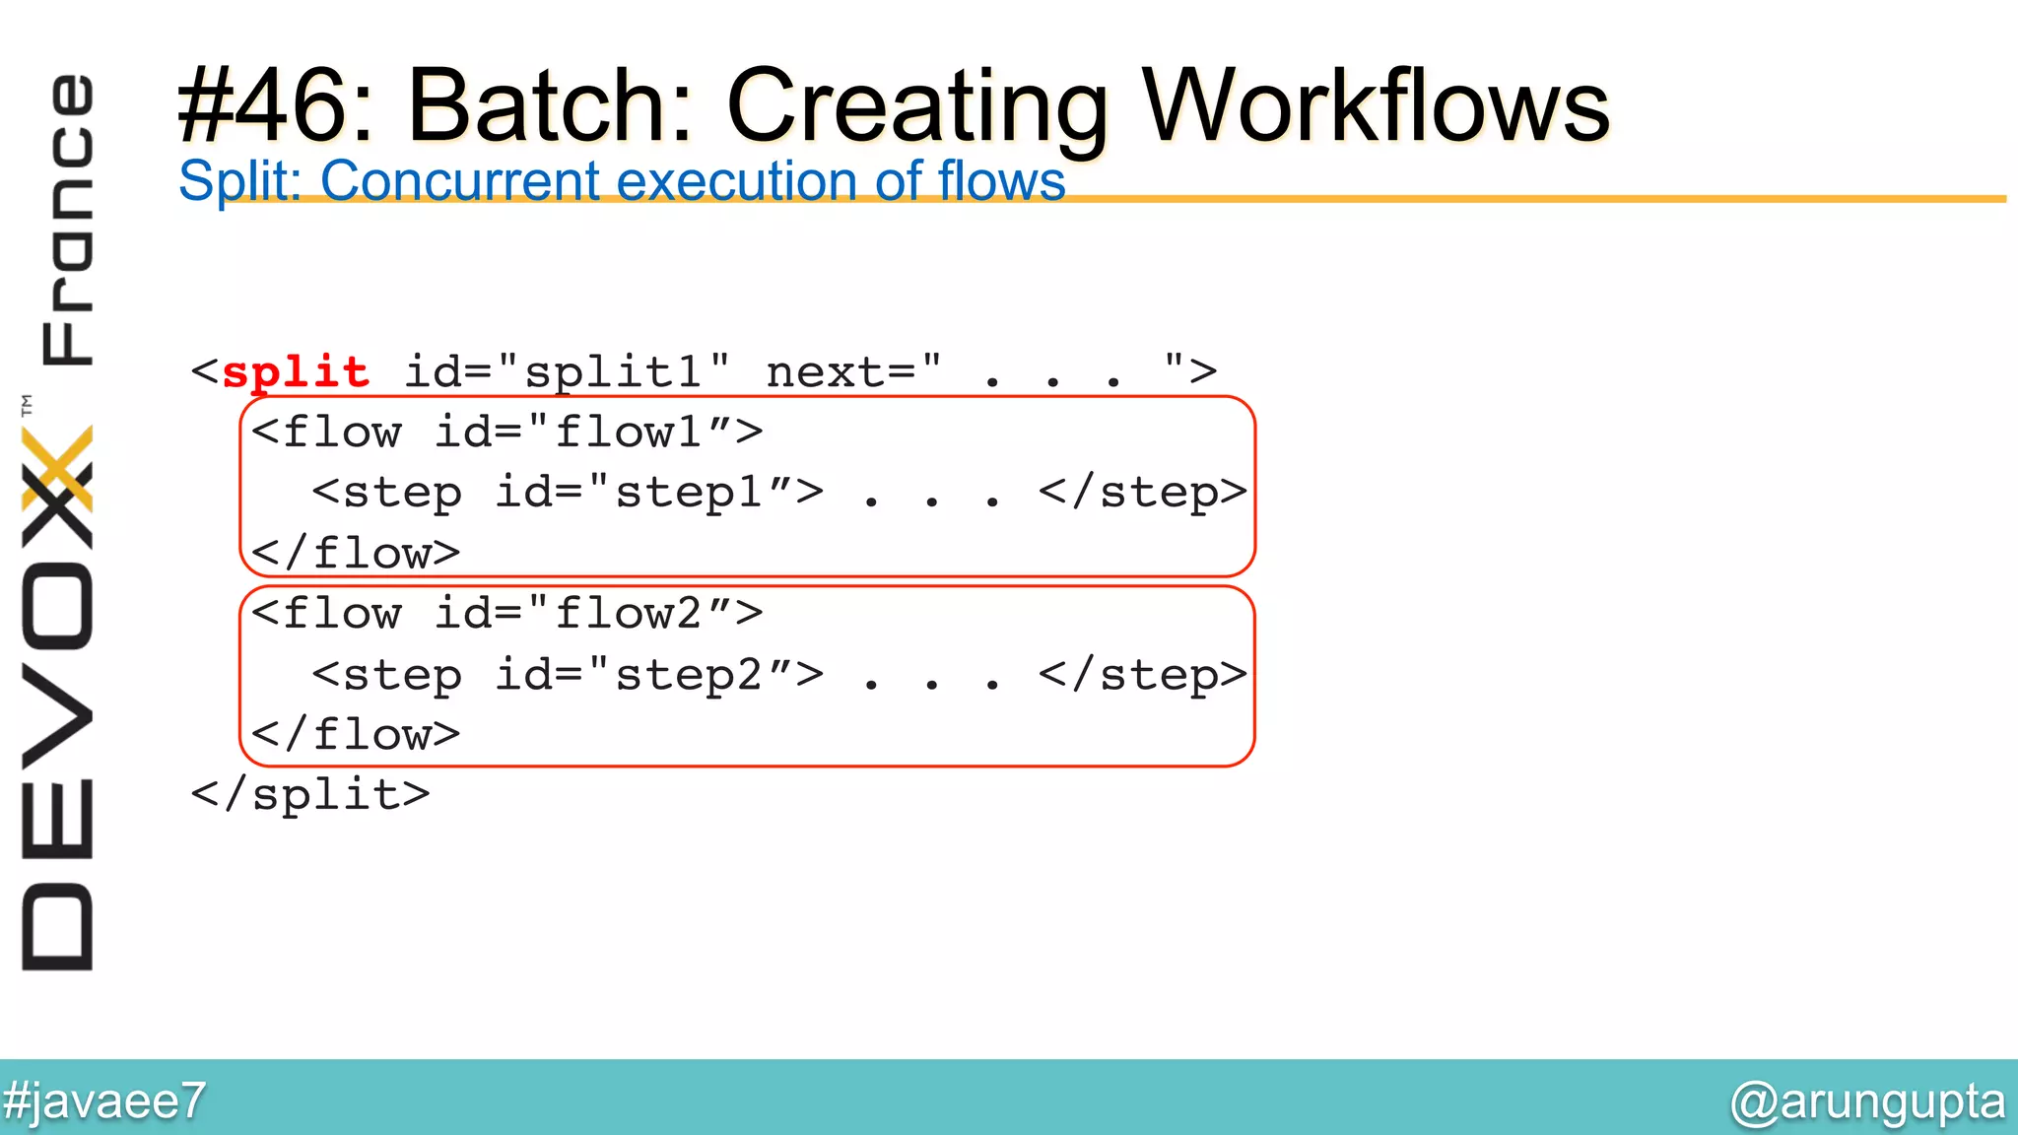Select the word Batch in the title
tap(549, 106)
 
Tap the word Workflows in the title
tap(1375, 106)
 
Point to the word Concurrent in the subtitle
tap(460, 181)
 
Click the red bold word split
tap(296, 372)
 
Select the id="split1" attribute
tap(568, 372)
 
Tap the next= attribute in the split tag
tap(853, 372)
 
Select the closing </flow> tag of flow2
tap(356, 735)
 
